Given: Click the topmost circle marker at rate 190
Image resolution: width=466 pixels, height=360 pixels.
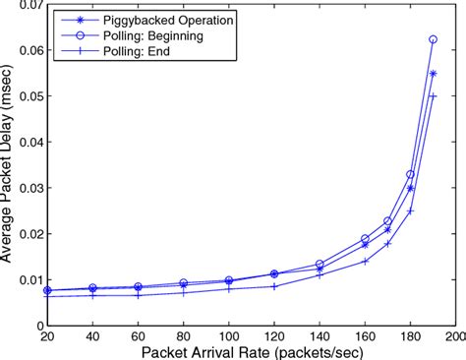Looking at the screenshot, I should [434, 39].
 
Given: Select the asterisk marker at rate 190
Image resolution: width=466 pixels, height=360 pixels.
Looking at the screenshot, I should [434, 74].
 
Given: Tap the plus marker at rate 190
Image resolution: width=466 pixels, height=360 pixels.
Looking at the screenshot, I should [434, 96].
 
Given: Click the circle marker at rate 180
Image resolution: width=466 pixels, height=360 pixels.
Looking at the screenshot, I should [411, 174].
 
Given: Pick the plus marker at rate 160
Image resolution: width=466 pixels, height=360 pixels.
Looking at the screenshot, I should [365, 261].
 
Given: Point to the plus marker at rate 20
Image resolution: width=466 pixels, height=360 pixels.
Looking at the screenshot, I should [47, 296].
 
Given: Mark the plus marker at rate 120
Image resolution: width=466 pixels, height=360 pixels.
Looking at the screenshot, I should [274, 286].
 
